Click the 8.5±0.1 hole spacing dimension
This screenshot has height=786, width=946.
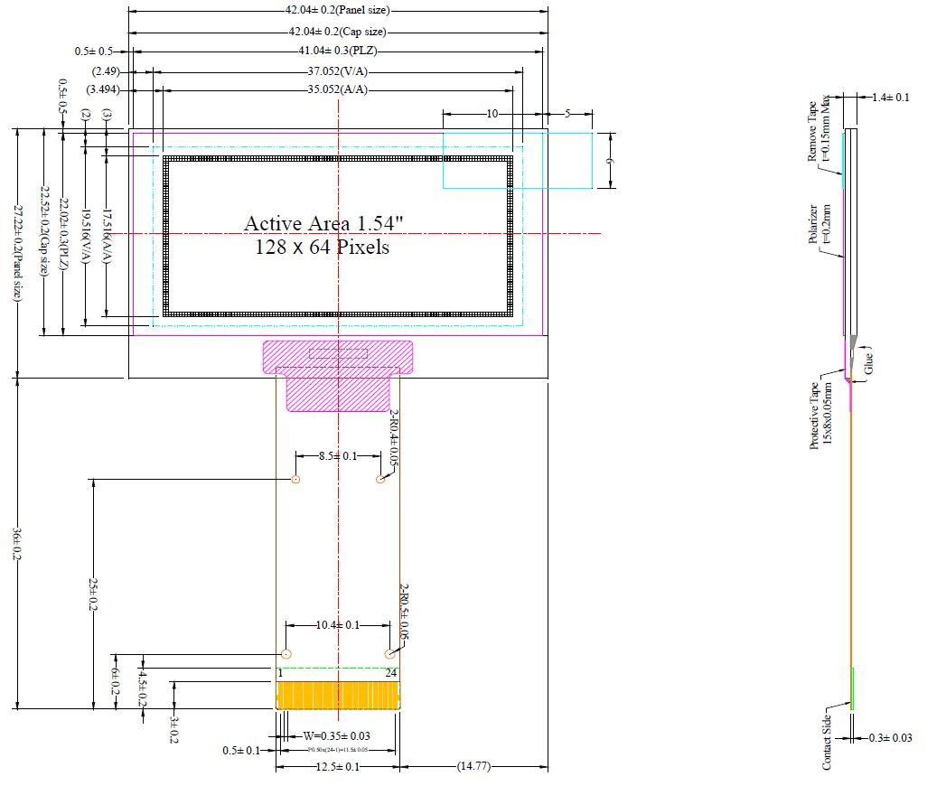[x=338, y=456]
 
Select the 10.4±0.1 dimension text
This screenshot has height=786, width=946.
[x=338, y=625]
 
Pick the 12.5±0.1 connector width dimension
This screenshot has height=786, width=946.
[x=338, y=767]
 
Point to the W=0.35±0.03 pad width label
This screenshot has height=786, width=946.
[x=336, y=735]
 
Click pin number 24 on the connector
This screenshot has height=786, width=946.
[x=391, y=673]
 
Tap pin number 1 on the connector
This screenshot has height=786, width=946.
[x=281, y=673]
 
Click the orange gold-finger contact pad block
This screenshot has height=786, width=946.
[x=337, y=696]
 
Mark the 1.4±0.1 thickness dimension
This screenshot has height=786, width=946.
[x=890, y=97]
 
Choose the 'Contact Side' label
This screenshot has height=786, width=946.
[x=827, y=743]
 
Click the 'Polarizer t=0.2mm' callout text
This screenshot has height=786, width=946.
[x=819, y=231]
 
